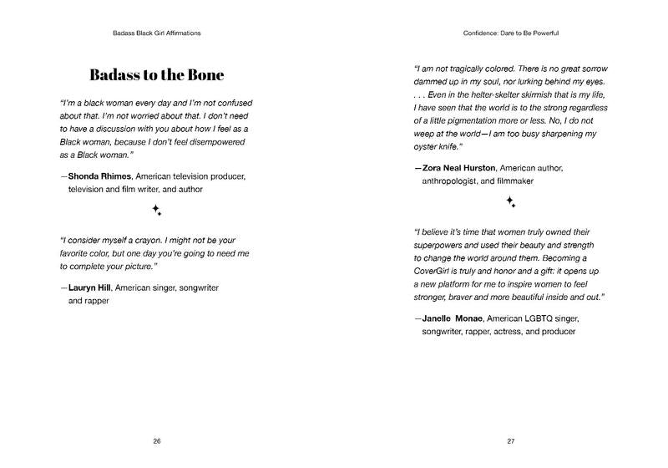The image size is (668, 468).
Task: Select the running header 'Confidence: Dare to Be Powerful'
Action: point(510,33)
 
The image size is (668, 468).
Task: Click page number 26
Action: point(157,440)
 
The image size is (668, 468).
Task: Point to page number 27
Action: point(510,440)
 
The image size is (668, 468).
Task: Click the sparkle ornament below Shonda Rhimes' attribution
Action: point(156,211)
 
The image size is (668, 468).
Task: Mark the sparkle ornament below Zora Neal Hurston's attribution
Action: point(510,201)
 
